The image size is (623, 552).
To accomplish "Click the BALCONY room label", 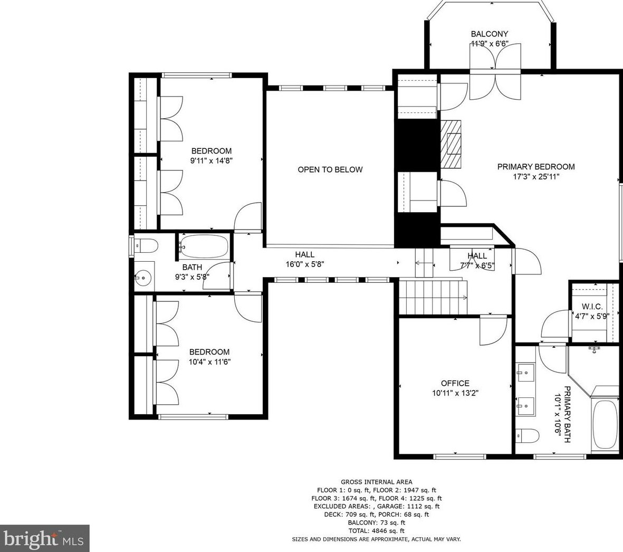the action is tap(490, 34).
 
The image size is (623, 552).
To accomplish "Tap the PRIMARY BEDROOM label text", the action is tap(536, 167).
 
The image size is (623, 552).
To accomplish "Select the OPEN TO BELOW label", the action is tap(330, 170).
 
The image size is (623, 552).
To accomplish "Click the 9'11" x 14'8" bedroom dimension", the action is tap(212, 161).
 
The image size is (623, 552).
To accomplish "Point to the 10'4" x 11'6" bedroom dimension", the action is tap(210, 362).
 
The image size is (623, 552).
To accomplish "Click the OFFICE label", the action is tap(455, 384).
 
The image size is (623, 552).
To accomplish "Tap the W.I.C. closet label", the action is tap(592, 307).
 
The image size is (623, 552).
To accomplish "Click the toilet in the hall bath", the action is tap(146, 245).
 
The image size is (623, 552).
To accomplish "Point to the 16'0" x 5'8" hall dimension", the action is tap(305, 264).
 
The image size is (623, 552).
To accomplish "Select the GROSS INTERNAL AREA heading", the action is tap(377, 482).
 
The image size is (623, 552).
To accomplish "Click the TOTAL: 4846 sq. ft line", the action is tap(377, 530).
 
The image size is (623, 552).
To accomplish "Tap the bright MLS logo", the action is tap(44, 538).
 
